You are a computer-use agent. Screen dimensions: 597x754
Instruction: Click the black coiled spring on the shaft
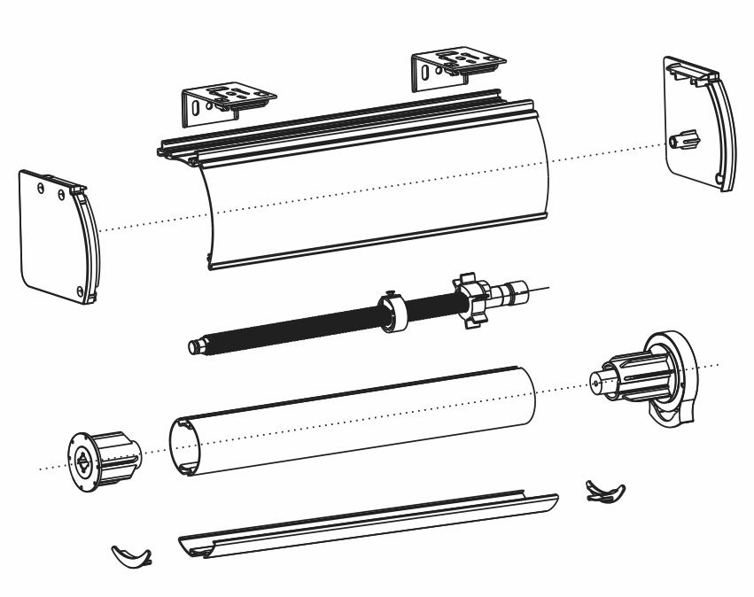pyautogui.click(x=292, y=328)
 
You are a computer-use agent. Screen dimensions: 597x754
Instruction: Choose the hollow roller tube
pyautogui.click(x=354, y=421)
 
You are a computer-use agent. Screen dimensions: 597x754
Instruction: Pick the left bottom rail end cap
pyautogui.click(x=131, y=556)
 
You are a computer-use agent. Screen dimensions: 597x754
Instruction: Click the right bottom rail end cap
pyautogui.click(x=605, y=491)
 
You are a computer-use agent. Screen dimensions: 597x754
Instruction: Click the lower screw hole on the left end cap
pyautogui.click(x=81, y=291)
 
